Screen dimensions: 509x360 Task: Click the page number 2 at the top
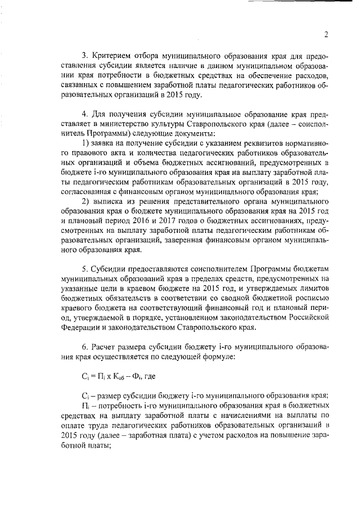pos(326,34)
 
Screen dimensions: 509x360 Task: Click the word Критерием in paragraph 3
pos(111,56)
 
